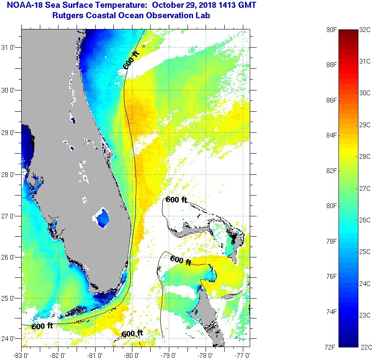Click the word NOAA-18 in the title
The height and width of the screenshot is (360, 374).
(x=22, y=6)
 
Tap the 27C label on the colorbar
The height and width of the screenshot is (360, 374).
(x=365, y=189)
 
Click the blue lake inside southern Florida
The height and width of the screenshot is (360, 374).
(x=102, y=218)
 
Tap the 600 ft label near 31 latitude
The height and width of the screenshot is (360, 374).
(x=132, y=60)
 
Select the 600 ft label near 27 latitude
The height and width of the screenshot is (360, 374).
(x=176, y=200)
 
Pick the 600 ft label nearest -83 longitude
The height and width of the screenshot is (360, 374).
(x=42, y=326)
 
